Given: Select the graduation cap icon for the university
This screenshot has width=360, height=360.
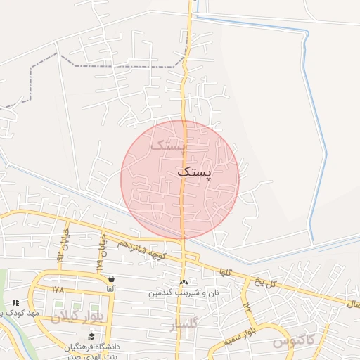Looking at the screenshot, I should point(91,337).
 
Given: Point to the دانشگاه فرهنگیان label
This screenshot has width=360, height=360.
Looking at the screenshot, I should point(92,347).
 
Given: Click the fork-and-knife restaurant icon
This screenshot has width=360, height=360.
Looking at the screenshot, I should point(15,302).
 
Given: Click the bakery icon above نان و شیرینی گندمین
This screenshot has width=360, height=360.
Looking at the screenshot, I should point(184,281).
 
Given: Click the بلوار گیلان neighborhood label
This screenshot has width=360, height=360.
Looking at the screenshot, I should point(77,316).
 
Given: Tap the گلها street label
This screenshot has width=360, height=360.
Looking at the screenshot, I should point(225,271).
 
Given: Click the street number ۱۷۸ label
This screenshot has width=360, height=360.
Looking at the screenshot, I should point(58,289).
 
